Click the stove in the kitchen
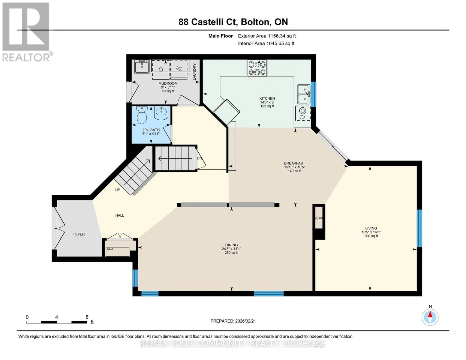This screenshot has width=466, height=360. point(257,68)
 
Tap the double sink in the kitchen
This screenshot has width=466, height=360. point(304,94)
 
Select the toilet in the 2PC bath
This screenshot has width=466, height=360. point(142,115)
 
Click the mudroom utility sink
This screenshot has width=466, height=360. point(142,67)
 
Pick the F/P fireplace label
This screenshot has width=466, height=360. point(319,218)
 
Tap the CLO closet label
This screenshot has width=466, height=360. point(110,249)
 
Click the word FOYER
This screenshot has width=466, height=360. point(79,234)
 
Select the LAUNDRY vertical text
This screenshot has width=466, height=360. point(194,72)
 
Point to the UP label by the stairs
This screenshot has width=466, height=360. point(118,190)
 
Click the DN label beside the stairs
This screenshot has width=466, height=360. point(199,158)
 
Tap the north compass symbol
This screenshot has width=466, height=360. point(430,317)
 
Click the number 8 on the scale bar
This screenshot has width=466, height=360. point(87,317)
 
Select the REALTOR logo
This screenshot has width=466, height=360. point(27,32)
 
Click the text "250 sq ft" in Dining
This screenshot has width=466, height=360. point(231,253)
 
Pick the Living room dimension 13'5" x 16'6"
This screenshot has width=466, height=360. point(371,232)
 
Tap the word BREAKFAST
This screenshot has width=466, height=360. point(294,163)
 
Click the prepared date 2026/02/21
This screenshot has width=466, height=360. point(245,321)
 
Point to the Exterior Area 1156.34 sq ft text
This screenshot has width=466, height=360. point(267,36)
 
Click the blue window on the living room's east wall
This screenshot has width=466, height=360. point(419,228)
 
